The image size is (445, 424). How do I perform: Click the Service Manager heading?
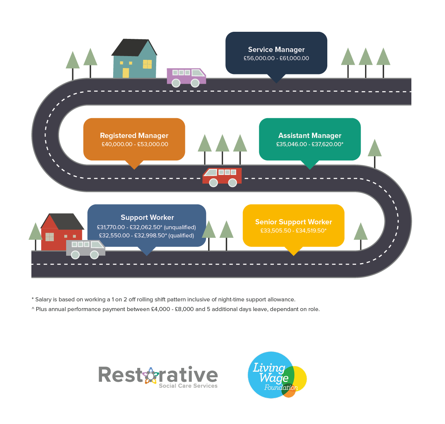pos(276,50)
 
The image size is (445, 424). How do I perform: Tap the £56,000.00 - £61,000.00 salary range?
pos(276,58)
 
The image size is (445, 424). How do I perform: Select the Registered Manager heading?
pos(134,135)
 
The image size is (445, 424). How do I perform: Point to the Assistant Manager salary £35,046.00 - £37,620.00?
pos(310,144)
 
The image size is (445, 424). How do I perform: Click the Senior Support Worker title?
pos(293,222)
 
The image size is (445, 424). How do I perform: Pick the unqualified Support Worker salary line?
pos(146,227)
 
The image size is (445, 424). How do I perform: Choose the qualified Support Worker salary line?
pos(146,236)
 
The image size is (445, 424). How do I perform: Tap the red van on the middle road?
pos(222,177)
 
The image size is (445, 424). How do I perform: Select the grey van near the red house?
pos(86,249)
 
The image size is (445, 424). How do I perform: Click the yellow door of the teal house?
pos(126,73)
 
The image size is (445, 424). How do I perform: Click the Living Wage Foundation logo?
pos(277,375)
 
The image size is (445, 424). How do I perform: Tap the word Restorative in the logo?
pos(158,375)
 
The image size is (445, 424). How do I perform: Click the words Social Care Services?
pos(188,385)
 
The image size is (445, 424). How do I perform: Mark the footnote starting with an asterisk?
pos(164,299)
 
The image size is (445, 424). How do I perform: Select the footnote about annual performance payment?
pos(176,309)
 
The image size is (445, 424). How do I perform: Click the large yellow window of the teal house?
pos(147,64)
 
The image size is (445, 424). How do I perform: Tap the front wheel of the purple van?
pos(195,83)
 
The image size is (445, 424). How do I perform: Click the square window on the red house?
pos(50,237)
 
